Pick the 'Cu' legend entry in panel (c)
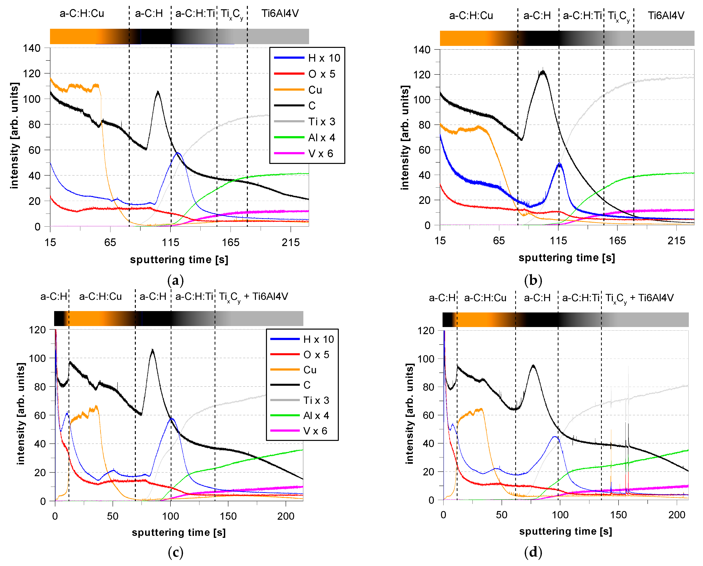(310, 370)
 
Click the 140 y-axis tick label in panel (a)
(32, 48)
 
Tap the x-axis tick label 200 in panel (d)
(677, 515)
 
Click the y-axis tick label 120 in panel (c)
(37, 330)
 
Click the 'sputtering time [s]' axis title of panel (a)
(179, 260)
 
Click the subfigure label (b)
(533, 280)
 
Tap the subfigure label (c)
(175, 552)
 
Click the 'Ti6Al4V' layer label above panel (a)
(280, 13)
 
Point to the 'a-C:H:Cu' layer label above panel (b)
(471, 16)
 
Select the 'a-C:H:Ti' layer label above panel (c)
(194, 296)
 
